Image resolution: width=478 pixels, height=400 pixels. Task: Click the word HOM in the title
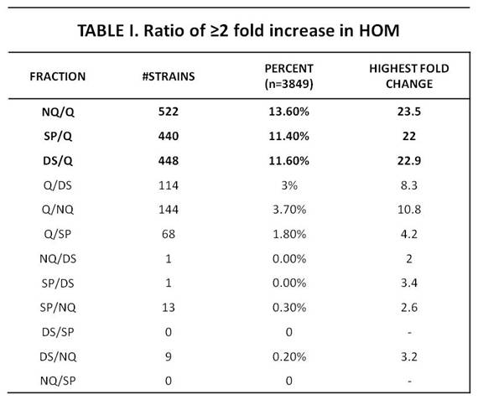379,30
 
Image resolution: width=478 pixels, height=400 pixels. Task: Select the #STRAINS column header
169,76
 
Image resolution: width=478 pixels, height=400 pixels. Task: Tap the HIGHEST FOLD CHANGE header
409,76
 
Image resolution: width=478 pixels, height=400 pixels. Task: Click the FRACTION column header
58,76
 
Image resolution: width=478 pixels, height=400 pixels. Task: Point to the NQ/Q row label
58,112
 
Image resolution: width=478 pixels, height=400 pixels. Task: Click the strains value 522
169,112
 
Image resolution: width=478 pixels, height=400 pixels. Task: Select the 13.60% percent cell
288,112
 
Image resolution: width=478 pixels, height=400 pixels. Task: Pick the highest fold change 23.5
409,112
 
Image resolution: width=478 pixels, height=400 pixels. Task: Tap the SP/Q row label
58,137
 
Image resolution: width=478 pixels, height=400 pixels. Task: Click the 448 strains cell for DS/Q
169,161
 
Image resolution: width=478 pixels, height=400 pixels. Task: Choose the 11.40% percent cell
288,136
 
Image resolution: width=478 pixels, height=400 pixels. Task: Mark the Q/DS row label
58,185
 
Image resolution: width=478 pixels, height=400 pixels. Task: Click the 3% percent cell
289,185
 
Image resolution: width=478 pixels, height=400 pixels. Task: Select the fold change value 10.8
409,210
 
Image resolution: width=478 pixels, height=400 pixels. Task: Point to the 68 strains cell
169,234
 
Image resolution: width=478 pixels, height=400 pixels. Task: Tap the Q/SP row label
58,235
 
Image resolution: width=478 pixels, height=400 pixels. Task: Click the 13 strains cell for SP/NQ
169,307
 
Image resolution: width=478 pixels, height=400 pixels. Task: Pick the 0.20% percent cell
289,356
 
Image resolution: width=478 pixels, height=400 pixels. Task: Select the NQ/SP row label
58,381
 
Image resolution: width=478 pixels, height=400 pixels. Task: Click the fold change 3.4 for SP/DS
409,283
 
